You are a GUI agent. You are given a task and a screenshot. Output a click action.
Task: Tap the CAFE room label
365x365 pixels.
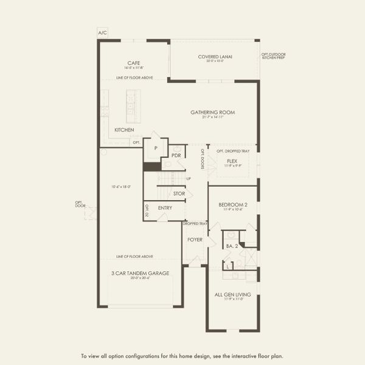[134, 63]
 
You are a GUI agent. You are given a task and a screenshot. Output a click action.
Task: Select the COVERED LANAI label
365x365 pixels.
[215, 57]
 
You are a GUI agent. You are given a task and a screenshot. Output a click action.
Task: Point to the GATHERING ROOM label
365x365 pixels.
[212, 113]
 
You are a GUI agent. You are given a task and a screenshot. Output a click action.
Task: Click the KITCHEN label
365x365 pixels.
[124, 130]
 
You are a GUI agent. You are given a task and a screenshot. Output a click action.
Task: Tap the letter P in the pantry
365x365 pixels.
[156, 148]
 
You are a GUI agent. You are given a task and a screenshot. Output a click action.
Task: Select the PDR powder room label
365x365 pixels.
[176, 156]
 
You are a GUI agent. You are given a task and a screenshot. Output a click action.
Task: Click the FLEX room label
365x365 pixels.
[232, 161]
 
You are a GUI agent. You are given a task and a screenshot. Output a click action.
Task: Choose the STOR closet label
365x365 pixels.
[179, 194]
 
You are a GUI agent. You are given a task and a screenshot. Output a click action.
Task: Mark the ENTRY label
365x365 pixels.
[165, 208]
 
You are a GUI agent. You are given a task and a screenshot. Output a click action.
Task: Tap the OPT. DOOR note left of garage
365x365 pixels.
[80, 204]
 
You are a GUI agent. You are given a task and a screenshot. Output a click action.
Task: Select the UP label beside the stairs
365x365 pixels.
[189, 178]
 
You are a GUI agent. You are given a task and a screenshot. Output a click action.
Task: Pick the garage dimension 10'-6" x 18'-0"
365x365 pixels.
[121, 187]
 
